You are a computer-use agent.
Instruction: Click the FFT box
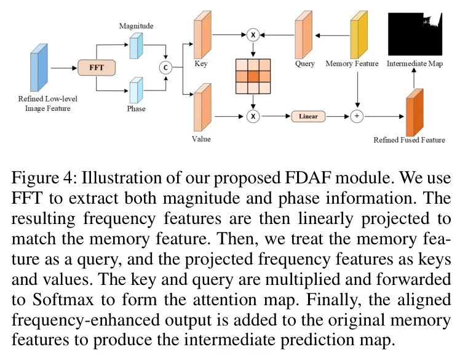click(x=97, y=66)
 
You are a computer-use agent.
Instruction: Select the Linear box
click(x=309, y=116)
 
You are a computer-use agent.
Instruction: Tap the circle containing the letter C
click(x=165, y=66)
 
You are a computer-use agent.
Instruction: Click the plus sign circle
click(x=357, y=116)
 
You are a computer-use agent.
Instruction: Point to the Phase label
click(x=137, y=109)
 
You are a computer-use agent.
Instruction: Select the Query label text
click(x=304, y=63)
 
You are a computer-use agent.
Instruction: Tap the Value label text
click(x=202, y=139)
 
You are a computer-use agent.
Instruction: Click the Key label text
click(x=200, y=63)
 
